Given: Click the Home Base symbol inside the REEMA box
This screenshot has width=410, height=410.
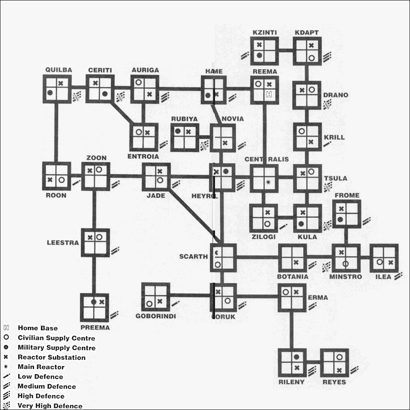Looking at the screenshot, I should coord(269,95).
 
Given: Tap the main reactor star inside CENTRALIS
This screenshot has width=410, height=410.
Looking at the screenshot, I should coord(269,182).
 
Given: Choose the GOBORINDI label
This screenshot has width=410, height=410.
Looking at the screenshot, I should coord(155,316).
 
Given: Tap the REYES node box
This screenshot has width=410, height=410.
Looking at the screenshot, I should coord(335,363).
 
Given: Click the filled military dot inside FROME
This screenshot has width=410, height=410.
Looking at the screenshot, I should coord(340,220).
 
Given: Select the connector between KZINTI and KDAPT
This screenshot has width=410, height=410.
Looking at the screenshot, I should coord(285,50).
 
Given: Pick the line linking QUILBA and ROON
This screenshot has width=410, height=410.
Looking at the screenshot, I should coord(57,133).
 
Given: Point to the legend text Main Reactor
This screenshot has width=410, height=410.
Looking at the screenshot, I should coord(41,367).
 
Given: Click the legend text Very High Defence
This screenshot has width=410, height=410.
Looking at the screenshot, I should coord(50,406).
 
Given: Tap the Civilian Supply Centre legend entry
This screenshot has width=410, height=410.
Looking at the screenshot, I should coord(56,338).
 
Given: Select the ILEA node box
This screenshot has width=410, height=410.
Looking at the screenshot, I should coord(384,258).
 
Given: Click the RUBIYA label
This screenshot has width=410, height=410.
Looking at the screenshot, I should coord(184,119).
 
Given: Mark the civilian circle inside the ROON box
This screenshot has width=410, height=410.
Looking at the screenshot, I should coord(61,180).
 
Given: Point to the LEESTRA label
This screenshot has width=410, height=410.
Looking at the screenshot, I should coord(63,242).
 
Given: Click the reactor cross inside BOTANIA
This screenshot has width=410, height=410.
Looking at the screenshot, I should coord(296,262).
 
